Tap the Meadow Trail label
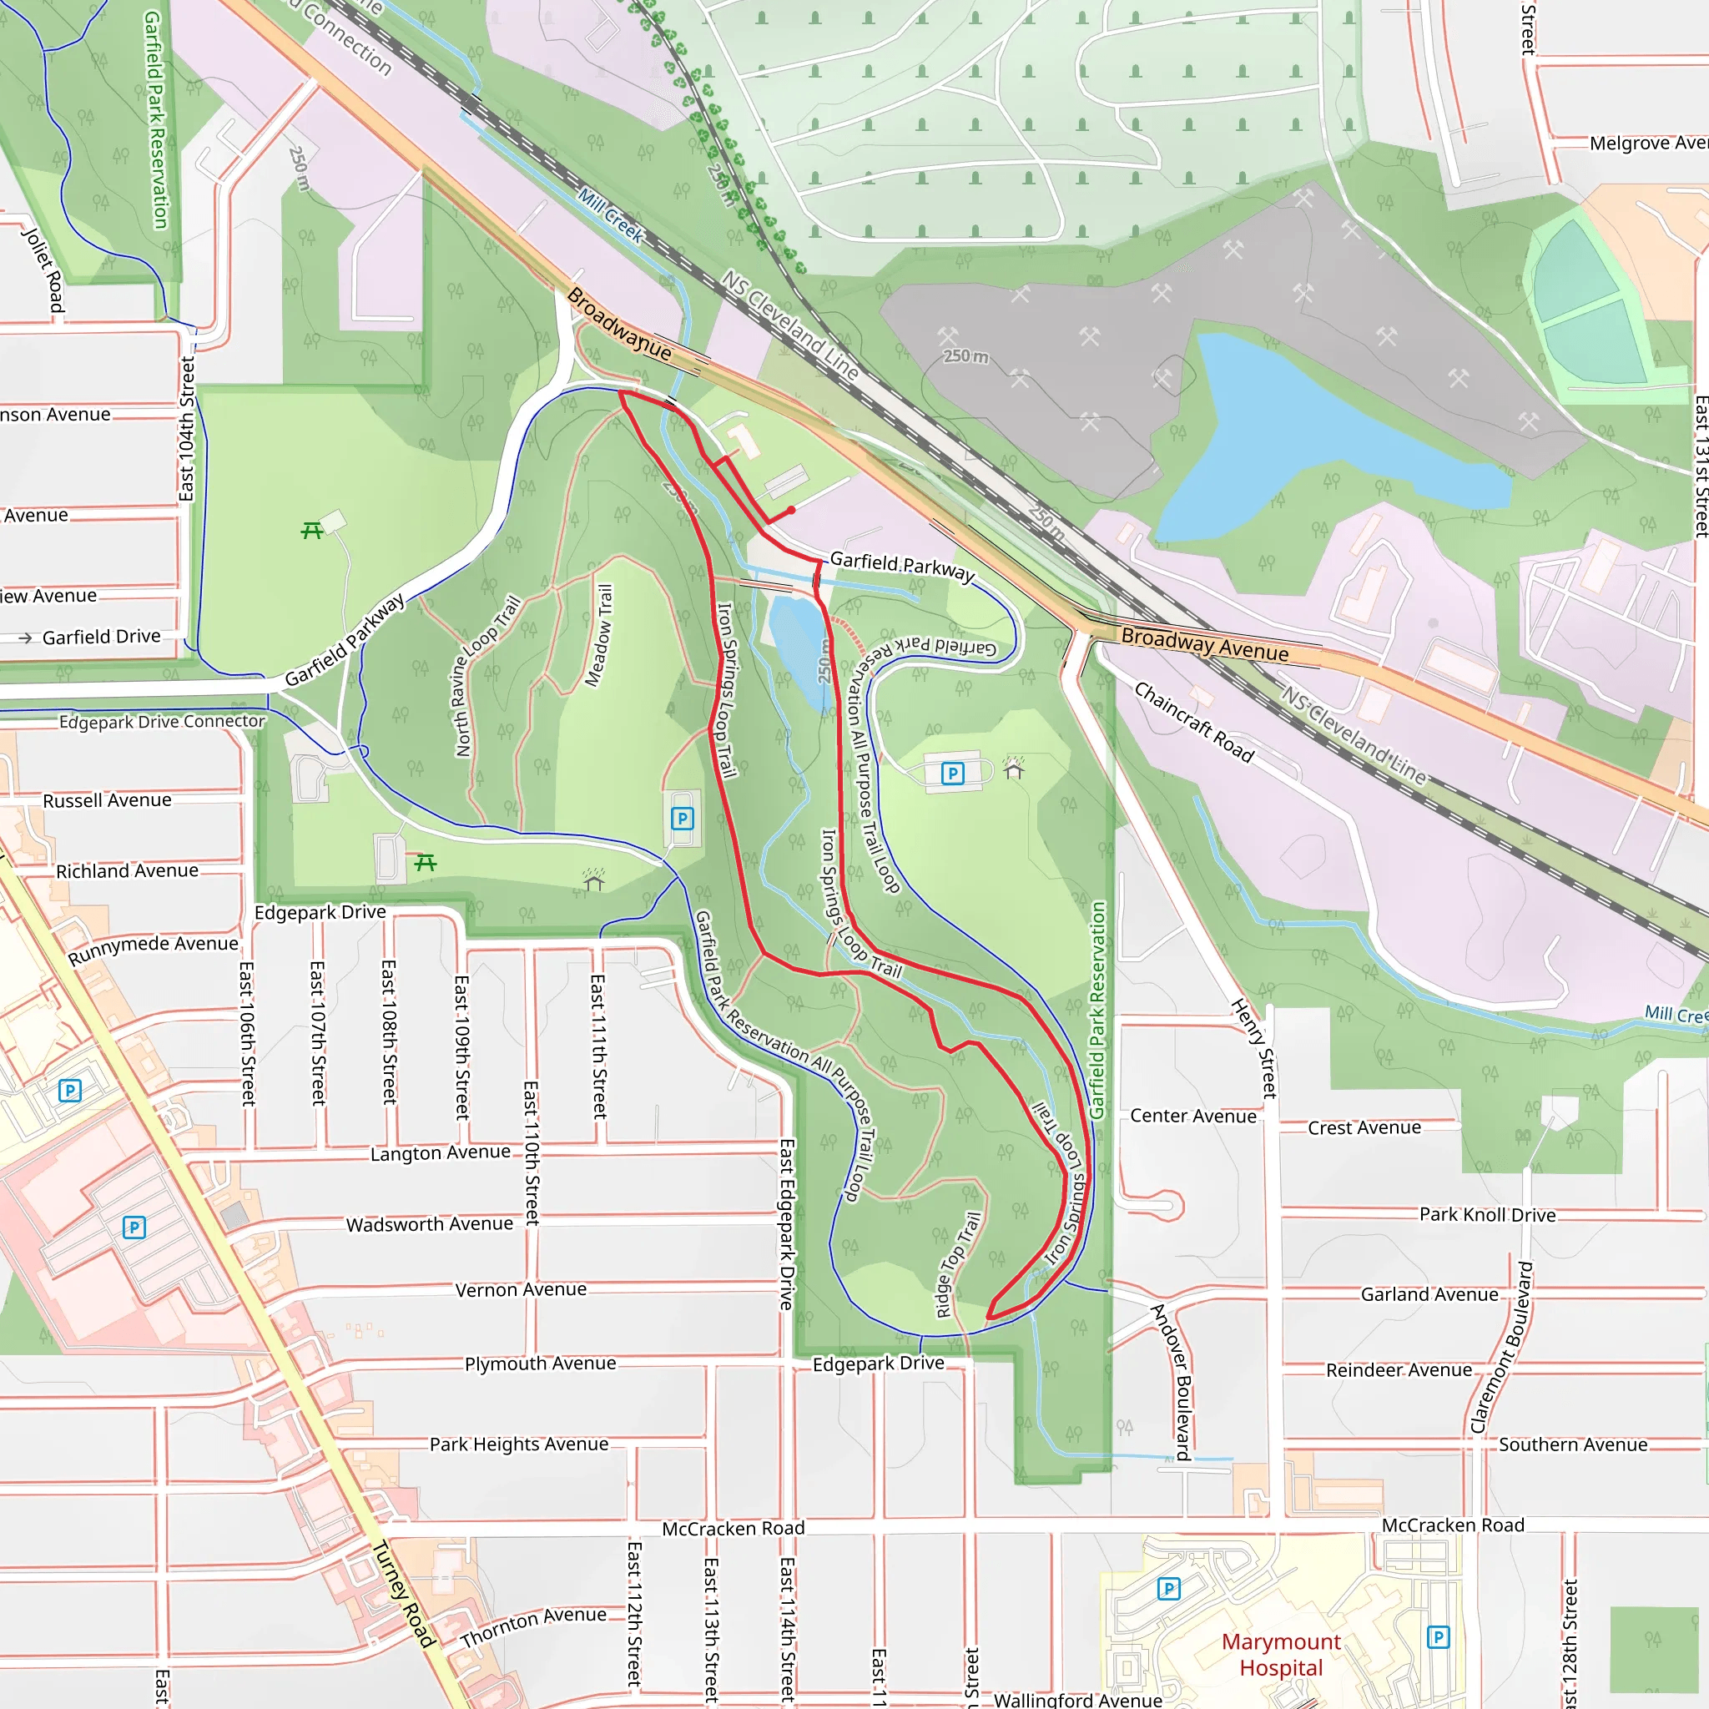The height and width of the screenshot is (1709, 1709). click(x=599, y=635)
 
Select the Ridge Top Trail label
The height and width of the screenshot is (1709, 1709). click(x=958, y=1265)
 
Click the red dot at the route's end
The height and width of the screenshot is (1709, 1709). click(x=791, y=511)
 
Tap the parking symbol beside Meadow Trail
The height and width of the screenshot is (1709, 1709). click(x=682, y=819)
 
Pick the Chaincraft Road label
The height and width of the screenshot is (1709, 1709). click(x=1193, y=722)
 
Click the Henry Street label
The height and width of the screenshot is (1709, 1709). click(x=1254, y=1047)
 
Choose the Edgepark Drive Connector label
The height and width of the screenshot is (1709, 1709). click(x=162, y=722)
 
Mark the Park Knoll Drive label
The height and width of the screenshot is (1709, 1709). click(x=1487, y=1214)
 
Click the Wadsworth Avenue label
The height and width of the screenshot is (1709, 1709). click(x=429, y=1224)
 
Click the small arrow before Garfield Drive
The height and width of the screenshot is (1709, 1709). click(x=25, y=638)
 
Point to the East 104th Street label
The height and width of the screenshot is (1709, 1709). click(x=187, y=429)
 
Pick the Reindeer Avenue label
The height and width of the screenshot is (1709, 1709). click(x=1399, y=1370)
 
